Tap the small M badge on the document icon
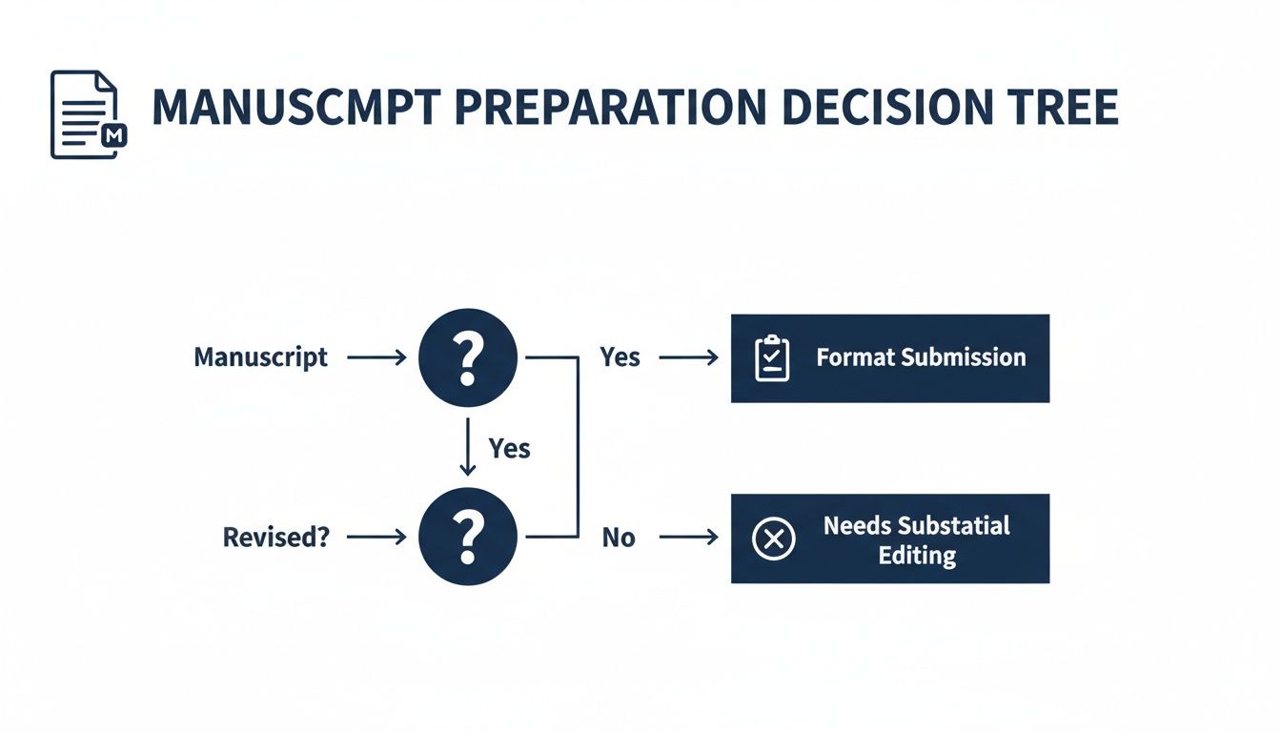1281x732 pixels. [113, 136]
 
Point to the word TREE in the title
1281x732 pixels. [1061, 109]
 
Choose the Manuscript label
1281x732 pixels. [260, 357]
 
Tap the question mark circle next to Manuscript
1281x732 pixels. [467, 358]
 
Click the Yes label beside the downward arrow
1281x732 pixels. [509, 448]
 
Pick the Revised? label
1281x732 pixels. [275, 537]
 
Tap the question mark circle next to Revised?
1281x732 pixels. [467, 538]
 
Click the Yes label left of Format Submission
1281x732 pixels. [620, 357]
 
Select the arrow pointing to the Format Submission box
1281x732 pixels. [688, 358]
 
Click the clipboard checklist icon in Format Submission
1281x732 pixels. [772, 358]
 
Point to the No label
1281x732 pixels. [618, 538]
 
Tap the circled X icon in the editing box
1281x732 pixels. [773, 539]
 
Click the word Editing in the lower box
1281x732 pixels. [917, 556]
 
